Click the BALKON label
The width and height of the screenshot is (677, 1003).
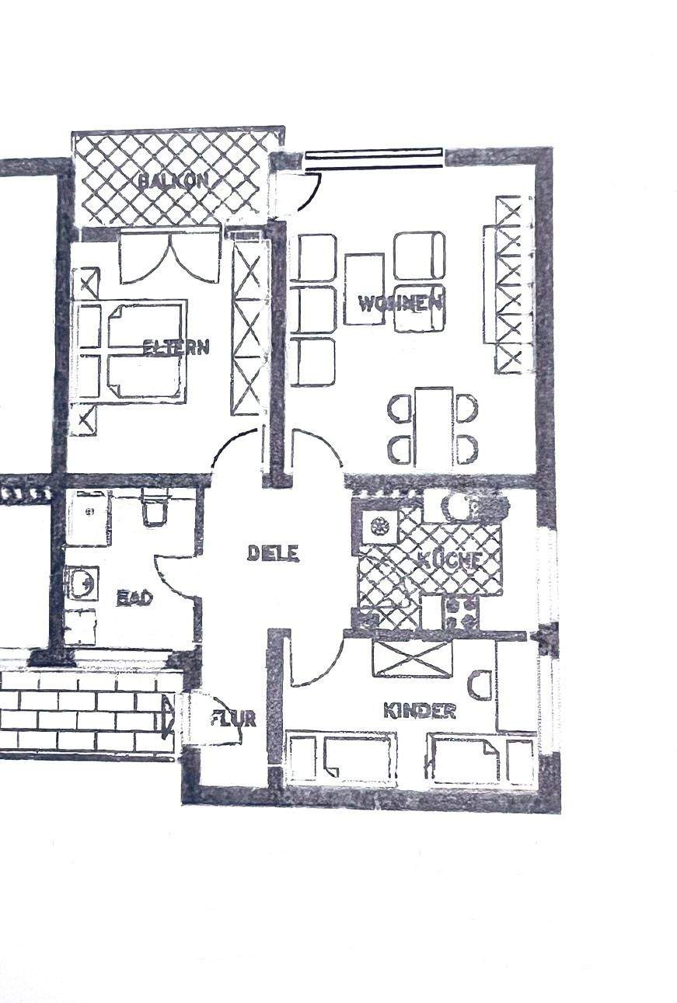[174, 181]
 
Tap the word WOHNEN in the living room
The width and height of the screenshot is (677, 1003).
[400, 303]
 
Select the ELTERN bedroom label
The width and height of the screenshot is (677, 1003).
[176, 347]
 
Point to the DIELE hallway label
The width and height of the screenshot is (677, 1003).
[273, 553]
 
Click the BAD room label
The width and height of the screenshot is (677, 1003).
[134, 598]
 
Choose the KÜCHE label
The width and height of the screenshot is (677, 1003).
[450, 559]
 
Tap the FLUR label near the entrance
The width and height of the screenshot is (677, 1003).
[233, 719]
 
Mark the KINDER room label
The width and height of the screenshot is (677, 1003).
[419, 711]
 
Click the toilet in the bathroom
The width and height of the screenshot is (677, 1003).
[153, 510]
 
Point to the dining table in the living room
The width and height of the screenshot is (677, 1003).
[434, 427]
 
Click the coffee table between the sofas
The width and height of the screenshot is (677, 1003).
[364, 288]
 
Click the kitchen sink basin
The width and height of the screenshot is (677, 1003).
[380, 527]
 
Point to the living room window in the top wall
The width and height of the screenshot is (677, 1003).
[374, 158]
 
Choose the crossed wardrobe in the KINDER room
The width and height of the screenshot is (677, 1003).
[412, 658]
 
